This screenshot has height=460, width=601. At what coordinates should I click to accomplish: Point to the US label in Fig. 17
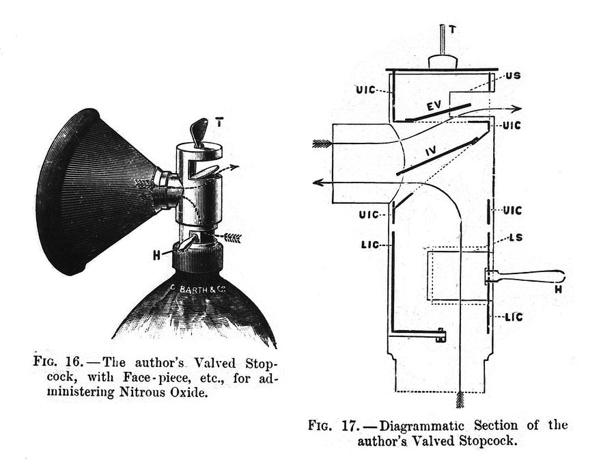[x=512, y=76]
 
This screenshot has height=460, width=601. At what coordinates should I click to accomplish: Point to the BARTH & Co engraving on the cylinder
[x=203, y=290]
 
